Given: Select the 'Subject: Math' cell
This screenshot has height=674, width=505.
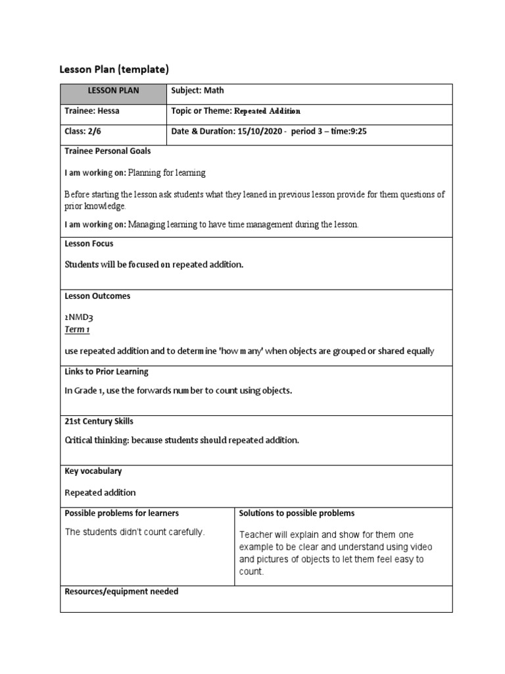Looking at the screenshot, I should point(197,91).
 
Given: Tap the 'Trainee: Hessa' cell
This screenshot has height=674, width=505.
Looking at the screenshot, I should point(92,111).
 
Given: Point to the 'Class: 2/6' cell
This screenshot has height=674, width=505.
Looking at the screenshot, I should point(83,132).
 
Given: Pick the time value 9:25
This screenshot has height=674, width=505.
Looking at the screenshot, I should point(356,132).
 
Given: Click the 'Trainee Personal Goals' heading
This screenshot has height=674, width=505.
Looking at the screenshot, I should point(108,151).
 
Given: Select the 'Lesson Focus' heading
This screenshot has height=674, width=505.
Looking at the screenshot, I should point(89,244).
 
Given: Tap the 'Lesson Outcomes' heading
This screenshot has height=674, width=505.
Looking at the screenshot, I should point(97,296).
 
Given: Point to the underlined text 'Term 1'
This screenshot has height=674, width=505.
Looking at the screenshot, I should point(77,330).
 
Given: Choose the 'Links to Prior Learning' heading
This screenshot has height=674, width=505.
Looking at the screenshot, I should point(107,372).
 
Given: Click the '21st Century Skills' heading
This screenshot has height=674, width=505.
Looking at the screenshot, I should point(99,421).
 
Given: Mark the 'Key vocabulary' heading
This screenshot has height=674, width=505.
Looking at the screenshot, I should point(93,471).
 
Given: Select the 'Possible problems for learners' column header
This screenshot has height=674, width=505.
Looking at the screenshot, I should point(122,513).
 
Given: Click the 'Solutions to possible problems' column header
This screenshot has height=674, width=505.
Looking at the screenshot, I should point(297,513).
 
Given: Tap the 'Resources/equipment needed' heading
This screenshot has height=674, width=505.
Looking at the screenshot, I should point(121,592).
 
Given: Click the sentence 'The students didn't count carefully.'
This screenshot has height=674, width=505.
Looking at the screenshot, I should point(135,532).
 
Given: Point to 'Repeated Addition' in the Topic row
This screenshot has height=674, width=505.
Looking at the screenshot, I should point(267,112).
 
